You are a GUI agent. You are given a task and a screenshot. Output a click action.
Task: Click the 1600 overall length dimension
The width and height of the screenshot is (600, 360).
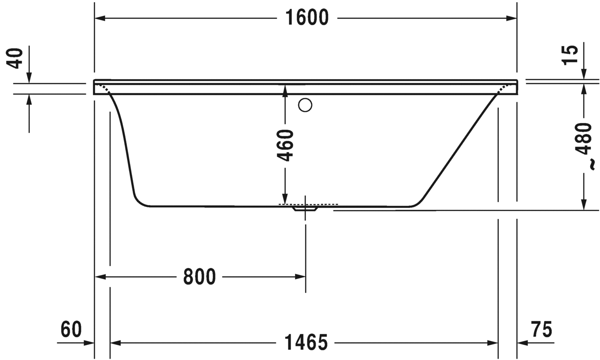(307, 18)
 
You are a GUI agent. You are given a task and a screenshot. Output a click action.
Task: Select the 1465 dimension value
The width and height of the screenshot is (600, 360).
(306, 343)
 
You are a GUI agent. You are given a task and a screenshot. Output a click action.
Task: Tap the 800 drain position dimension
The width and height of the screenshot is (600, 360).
(199, 277)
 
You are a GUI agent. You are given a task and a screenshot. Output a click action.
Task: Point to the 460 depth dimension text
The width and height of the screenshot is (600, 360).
(285, 145)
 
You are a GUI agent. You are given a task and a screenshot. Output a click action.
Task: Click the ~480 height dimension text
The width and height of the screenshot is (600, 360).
(583, 139)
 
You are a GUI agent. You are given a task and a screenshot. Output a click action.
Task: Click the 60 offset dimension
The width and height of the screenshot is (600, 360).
(72, 330)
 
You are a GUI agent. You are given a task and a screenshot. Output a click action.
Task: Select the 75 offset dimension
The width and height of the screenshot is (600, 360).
(541, 330)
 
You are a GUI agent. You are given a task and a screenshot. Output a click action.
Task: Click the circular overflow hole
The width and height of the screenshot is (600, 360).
(305, 105)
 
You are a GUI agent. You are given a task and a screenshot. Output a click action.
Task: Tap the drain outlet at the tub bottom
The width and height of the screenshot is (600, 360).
(305, 208)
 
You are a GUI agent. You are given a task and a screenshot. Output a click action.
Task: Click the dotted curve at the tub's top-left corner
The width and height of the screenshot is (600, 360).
(104, 87)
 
